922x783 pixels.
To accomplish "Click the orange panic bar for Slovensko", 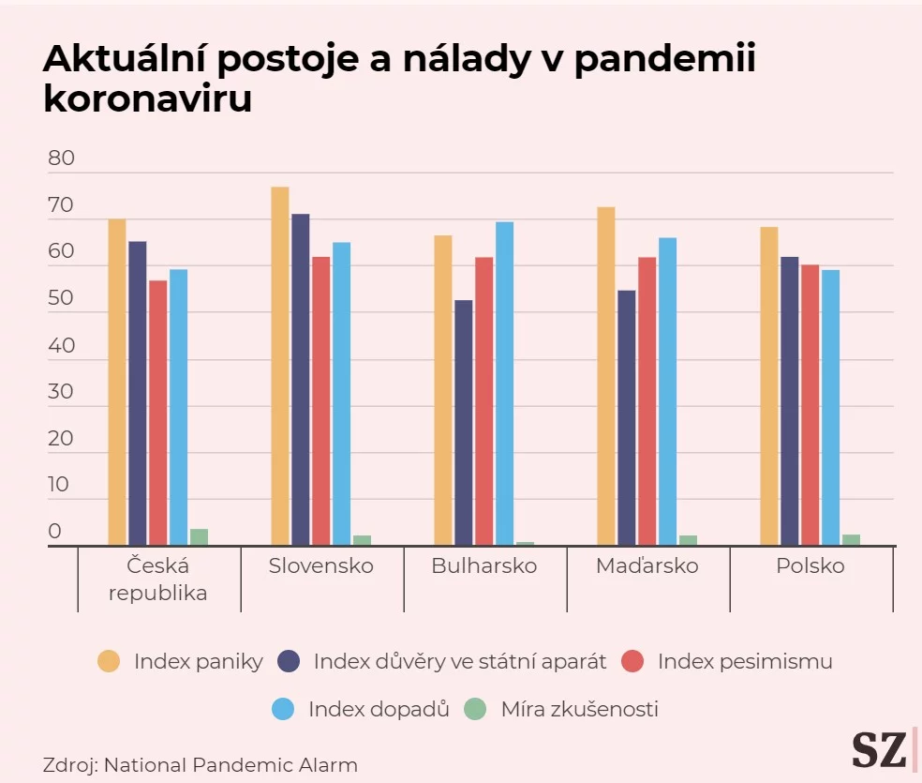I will click(280, 366).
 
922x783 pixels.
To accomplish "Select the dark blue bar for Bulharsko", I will click(464, 422).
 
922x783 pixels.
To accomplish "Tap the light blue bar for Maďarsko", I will click(667, 391).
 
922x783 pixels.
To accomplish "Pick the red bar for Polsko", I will click(810, 404).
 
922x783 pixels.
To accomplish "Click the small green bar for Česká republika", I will click(199, 536).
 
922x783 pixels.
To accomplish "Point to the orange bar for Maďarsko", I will click(606, 375).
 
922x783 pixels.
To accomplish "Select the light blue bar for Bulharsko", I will click(504, 383).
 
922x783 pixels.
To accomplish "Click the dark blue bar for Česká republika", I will click(138, 393).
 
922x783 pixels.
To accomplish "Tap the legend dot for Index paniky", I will click(110, 661).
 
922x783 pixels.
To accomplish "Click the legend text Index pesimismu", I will click(745, 661).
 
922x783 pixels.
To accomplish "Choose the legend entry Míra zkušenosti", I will click(579, 709).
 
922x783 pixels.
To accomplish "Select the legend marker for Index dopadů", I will click(283, 709).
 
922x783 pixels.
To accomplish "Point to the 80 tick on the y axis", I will click(61, 158).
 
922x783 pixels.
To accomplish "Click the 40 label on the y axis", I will click(61, 345).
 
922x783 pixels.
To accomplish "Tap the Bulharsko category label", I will click(484, 566).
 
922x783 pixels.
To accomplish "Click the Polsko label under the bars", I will click(810, 566).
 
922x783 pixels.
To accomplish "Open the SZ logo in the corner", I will click(879, 749).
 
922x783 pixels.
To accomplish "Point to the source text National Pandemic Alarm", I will click(230, 764).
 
